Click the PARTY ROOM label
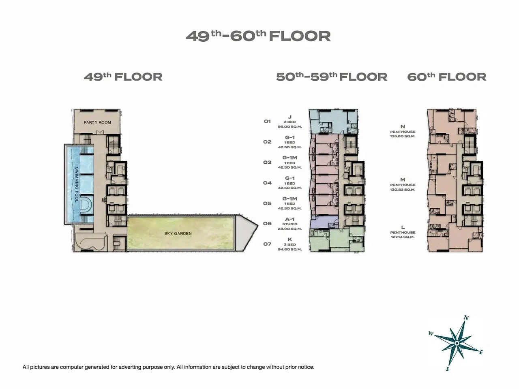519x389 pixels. pyautogui.click(x=97, y=122)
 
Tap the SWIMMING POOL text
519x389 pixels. pyautogui.click(x=77, y=184)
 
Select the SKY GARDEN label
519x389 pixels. pyautogui.click(x=178, y=233)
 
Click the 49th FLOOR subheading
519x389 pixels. pyautogui.click(x=123, y=77)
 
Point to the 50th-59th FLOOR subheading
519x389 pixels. pyautogui.click(x=332, y=77)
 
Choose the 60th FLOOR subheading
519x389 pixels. pyautogui.click(x=447, y=77)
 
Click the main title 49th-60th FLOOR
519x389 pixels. pyautogui.click(x=258, y=36)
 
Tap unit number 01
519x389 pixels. pyautogui.click(x=267, y=122)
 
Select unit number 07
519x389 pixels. pyautogui.click(x=267, y=244)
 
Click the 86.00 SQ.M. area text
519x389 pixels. pyautogui.click(x=290, y=126)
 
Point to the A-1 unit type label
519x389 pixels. pyautogui.click(x=290, y=219)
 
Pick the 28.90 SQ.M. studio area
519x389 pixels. pyautogui.click(x=290, y=229)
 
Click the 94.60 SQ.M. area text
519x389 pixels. pyautogui.click(x=290, y=249)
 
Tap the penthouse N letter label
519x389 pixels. pyautogui.click(x=403, y=126)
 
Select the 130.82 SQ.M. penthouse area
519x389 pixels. pyautogui.click(x=403, y=190)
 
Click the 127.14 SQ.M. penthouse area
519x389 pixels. pyautogui.click(x=403, y=237)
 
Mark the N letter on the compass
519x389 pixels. pyautogui.click(x=466, y=318)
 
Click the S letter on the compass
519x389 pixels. pyautogui.click(x=447, y=369)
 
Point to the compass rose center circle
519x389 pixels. pyautogui.click(x=457, y=343)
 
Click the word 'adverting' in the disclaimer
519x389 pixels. pyautogui.click(x=130, y=367)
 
